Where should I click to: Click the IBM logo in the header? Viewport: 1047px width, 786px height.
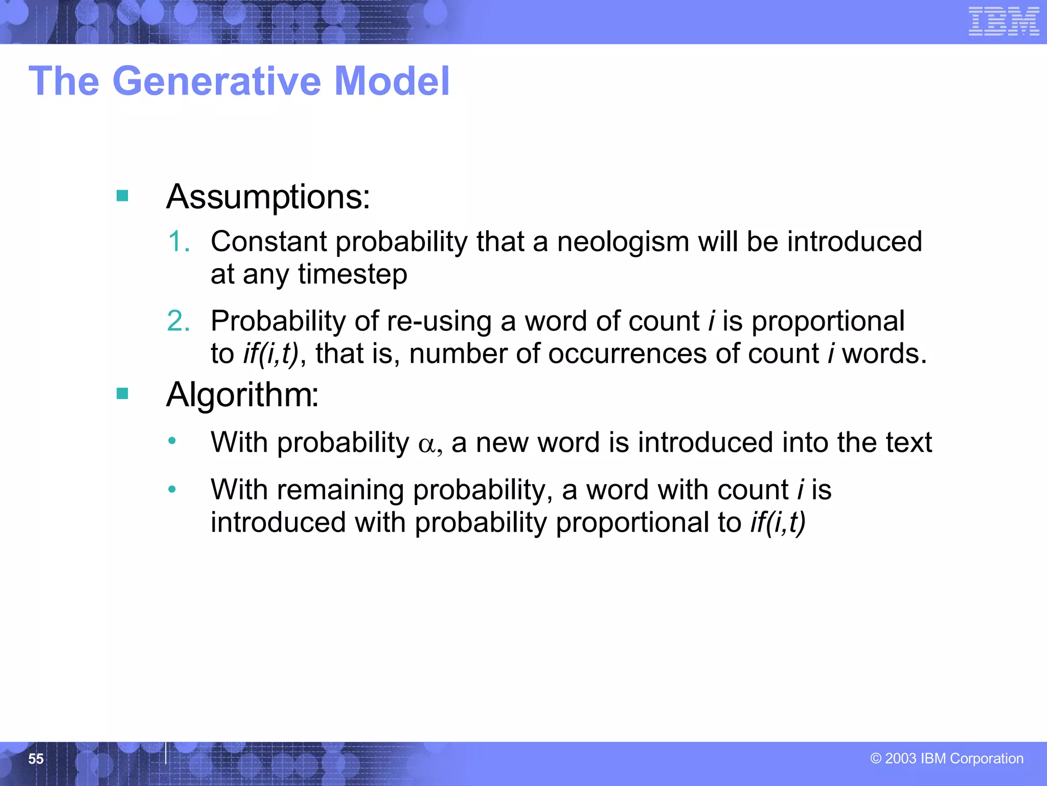[x=1004, y=21]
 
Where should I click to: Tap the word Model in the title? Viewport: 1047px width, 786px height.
[x=392, y=81]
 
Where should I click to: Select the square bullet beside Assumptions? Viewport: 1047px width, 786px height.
[x=122, y=195]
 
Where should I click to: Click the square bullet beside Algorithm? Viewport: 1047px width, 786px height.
[x=122, y=394]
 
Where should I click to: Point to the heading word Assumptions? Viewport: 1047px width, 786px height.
[x=268, y=197]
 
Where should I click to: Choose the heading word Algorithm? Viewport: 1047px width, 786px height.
[x=242, y=395]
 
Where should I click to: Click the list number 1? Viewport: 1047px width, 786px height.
[x=178, y=242]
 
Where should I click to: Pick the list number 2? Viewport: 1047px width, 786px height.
[x=178, y=321]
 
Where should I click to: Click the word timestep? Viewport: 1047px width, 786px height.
[x=353, y=274]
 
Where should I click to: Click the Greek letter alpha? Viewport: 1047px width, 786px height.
[x=426, y=444]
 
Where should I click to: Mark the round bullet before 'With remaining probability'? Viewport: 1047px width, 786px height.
[x=172, y=490]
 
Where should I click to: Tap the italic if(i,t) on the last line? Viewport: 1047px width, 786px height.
[x=778, y=522]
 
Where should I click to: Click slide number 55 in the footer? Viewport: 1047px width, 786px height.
[x=36, y=758]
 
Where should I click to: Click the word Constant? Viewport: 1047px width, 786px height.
[x=268, y=242]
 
